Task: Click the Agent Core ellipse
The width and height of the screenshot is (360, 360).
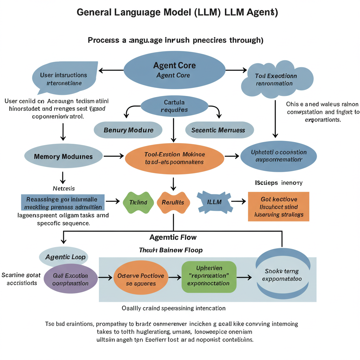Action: click(x=174, y=70)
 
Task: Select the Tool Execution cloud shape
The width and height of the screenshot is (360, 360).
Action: click(x=277, y=79)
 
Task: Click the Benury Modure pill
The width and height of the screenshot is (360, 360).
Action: click(x=128, y=130)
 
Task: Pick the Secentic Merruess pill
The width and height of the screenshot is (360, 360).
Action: click(x=219, y=130)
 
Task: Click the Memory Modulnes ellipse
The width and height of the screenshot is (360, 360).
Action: click(x=63, y=156)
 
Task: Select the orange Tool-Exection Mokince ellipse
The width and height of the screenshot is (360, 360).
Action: click(x=174, y=158)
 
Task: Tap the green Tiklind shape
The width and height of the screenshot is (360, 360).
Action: click(x=138, y=202)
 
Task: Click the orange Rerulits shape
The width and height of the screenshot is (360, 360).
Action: click(x=173, y=202)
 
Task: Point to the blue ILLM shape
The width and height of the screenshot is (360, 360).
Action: click(x=214, y=202)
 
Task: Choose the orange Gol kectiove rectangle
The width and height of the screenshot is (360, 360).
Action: click(x=278, y=207)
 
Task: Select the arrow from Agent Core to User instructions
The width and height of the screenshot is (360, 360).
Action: click(x=111, y=71)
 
